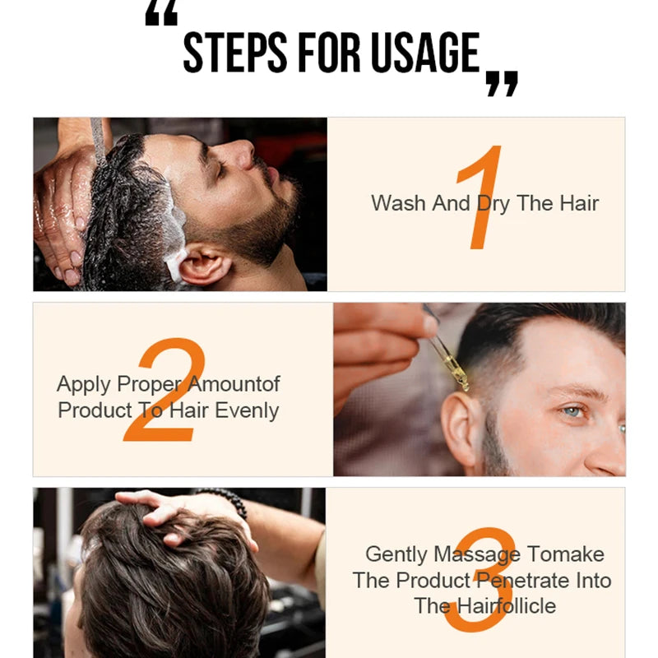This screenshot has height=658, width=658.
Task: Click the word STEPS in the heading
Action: pos(235,53)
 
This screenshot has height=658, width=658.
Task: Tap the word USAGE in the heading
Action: pos(425,53)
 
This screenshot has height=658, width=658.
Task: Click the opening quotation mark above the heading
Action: pos(161,12)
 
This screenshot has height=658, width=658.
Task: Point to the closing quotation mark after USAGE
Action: pos(502,84)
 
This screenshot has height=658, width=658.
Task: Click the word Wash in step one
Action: pos(399,203)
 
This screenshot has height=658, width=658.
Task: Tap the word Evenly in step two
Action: pos(247,410)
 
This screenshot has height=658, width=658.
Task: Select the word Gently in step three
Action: pos(396,554)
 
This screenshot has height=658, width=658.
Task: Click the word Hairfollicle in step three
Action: pos(506,606)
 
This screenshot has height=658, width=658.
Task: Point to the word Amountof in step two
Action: pos(234,383)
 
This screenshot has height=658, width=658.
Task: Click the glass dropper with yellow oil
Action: pos(447,349)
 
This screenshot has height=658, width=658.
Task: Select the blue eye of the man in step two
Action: pos(573,411)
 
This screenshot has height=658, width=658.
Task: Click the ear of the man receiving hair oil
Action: pos(461,429)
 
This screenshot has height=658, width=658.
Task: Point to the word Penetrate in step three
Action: pos(523,582)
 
